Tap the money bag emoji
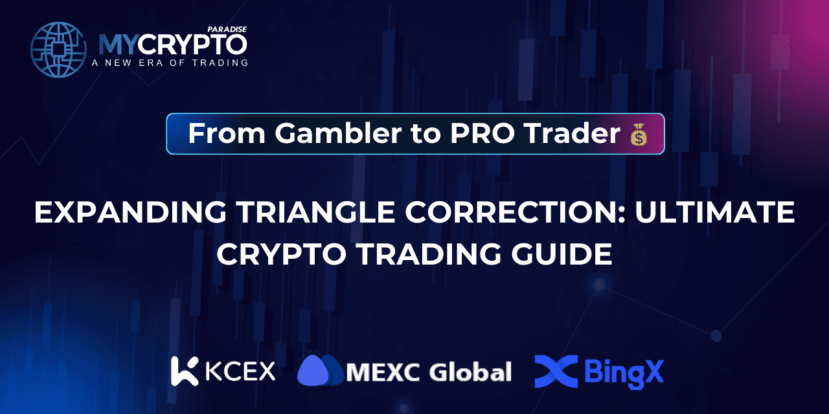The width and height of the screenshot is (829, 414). click(639, 135)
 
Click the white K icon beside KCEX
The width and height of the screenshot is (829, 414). click(184, 371)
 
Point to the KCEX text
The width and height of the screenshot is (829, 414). click(240, 371)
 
